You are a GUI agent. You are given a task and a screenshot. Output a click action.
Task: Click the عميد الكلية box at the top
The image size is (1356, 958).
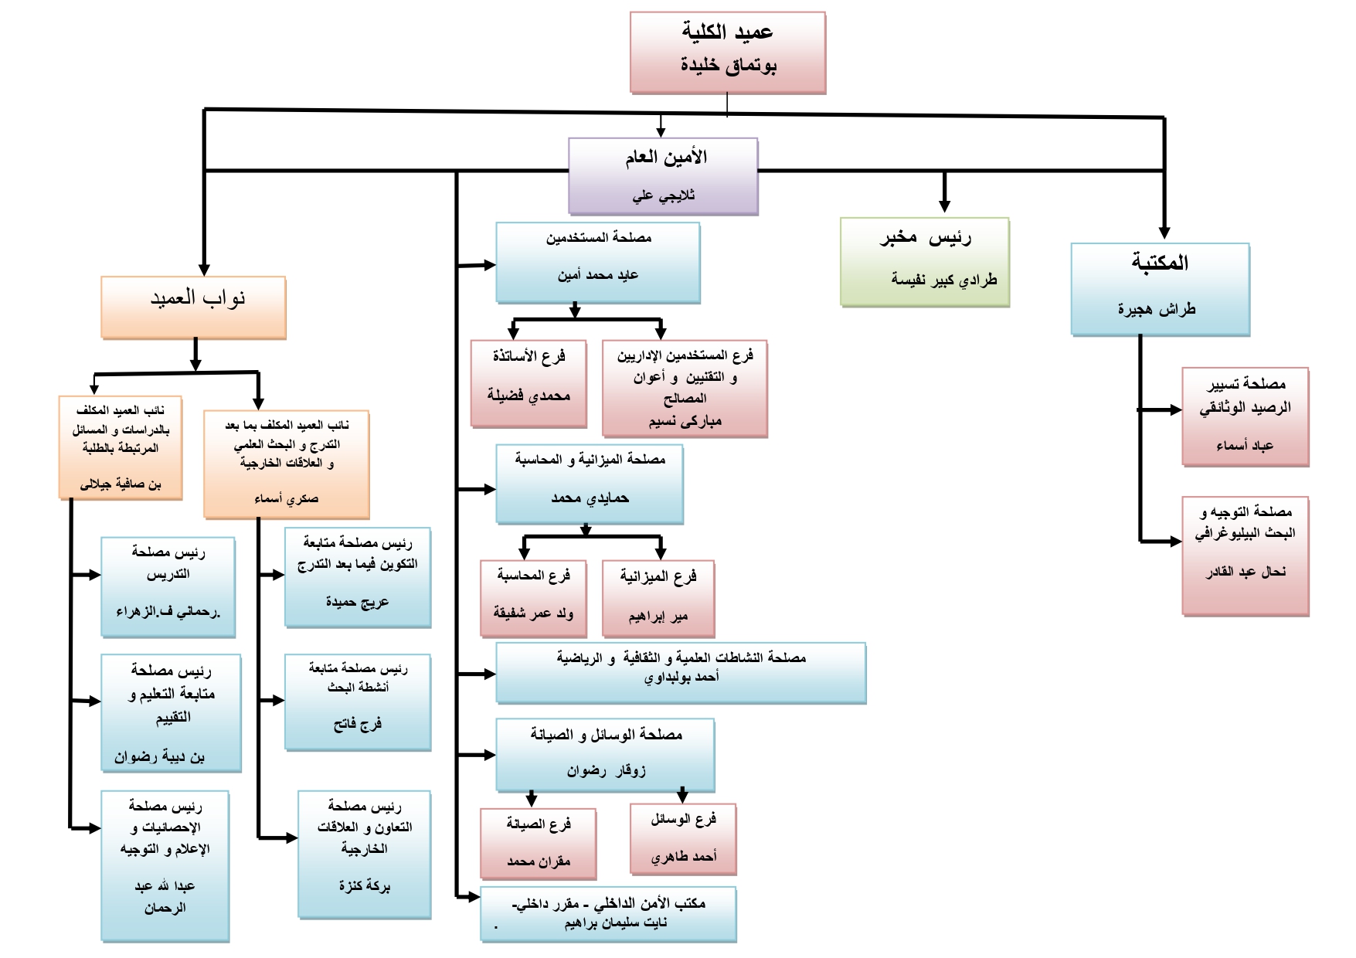pyautogui.click(x=727, y=53)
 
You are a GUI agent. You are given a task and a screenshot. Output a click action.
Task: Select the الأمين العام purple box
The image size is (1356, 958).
pyautogui.click(x=663, y=176)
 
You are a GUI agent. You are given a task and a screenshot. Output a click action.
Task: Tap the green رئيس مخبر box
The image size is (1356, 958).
pyautogui.click(x=924, y=262)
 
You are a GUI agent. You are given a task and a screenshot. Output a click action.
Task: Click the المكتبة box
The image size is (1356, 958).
pyautogui.click(x=1159, y=289)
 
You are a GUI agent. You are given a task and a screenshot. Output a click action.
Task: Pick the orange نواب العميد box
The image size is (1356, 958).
pyautogui.click(x=193, y=307)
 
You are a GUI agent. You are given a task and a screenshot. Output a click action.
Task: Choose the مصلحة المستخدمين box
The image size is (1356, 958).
pyautogui.click(x=597, y=263)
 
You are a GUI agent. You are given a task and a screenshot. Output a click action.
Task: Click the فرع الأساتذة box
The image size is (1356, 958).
pyautogui.click(x=528, y=383)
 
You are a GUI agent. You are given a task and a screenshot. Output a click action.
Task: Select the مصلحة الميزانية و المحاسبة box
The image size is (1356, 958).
pyautogui.click(x=589, y=484)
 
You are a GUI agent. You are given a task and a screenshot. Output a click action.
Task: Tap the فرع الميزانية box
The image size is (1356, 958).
pyautogui.click(x=658, y=599)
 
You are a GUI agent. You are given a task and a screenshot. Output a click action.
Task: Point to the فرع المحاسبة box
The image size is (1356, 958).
pyautogui.click(x=533, y=599)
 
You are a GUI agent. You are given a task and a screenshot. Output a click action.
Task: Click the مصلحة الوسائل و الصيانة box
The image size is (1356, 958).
pyautogui.click(x=605, y=755)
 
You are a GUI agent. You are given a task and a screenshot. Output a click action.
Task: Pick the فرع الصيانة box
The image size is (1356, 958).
pyautogui.click(x=538, y=844)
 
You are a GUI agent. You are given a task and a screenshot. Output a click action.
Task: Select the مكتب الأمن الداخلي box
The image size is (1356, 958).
pyautogui.click(x=608, y=914)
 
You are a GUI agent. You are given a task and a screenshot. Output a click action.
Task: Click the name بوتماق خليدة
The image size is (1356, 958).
pyautogui.click(x=728, y=66)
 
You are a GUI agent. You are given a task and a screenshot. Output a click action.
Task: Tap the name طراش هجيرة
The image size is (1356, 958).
pyautogui.click(x=1156, y=310)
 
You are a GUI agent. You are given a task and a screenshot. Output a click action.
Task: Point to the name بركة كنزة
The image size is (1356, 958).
pyautogui.click(x=364, y=886)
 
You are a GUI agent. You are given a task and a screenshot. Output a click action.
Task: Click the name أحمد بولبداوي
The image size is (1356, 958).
pyautogui.click(x=681, y=678)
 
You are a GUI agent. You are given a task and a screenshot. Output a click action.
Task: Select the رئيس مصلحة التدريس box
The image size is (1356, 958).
pyautogui.click(x=168, y=587)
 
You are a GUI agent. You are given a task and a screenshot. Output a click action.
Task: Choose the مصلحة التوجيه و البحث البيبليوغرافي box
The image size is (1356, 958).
pyautogui.click(x=1245, y=555)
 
